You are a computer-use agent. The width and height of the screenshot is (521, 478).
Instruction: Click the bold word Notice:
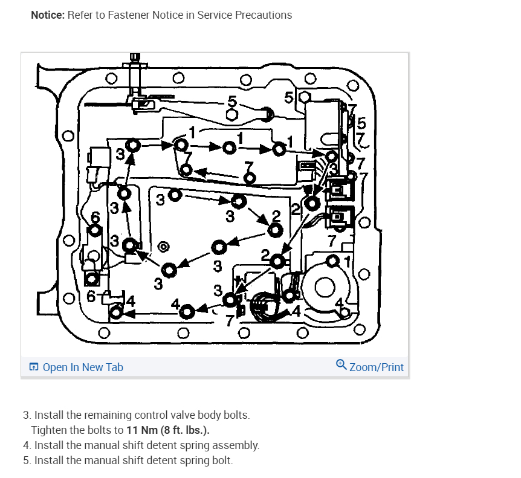pos(48,15)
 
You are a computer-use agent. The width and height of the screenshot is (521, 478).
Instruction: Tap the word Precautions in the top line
pos(264,15)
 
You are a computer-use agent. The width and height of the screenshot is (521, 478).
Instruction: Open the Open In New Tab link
pos(82,367)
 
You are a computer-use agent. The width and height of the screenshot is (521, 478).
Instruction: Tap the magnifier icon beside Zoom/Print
pos(341,366)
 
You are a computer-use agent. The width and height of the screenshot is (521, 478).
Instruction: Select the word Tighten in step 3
pos(48,430)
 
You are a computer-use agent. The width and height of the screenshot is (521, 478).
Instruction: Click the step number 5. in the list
pos(27,460)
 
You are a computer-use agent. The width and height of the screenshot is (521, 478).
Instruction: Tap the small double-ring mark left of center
pos(162,247)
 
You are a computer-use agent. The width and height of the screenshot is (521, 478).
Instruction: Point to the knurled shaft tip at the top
pos(135,58)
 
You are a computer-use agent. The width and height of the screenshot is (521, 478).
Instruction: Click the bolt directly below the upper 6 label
pos(94,231)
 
